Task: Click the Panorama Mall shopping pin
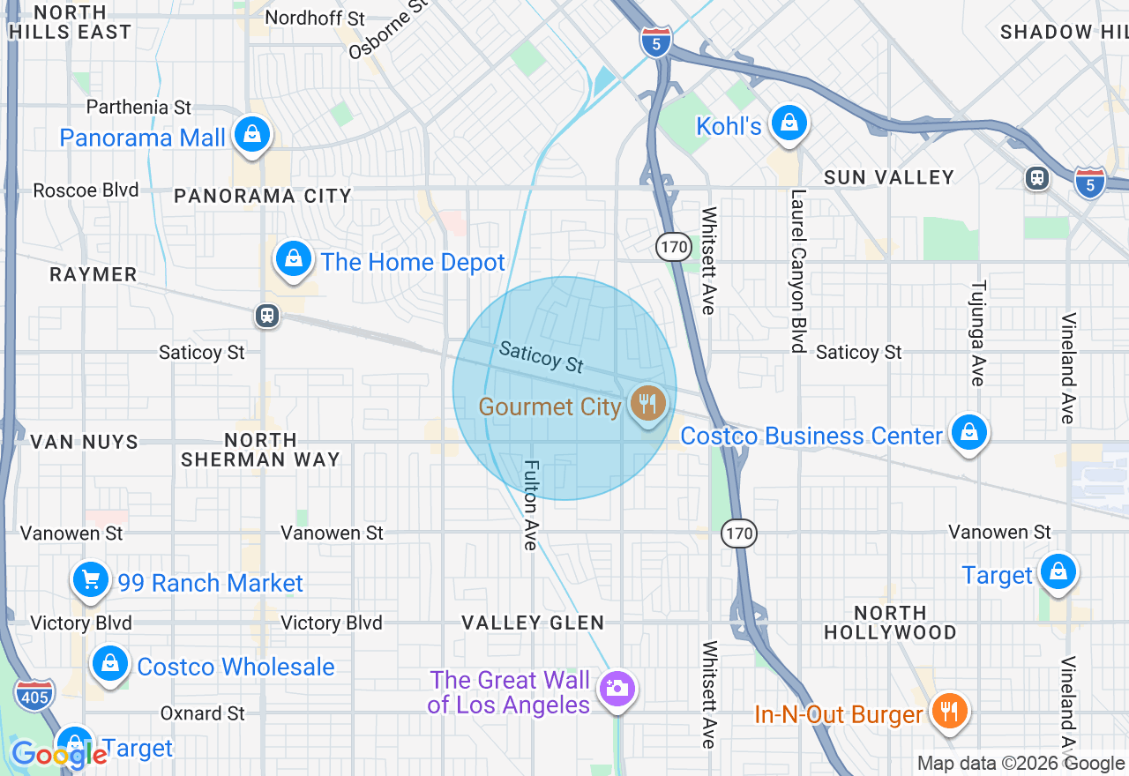(252, 135)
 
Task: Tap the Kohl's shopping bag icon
(789, 123)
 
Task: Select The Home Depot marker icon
(294, 260)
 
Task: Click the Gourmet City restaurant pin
(648, 405)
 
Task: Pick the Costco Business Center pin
(968, 433)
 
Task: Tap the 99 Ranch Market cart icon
(90, 580)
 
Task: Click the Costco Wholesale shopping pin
(110, 664)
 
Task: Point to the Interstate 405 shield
(34, 694)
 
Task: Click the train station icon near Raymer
(267, 316)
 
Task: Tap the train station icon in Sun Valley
(1038, 178)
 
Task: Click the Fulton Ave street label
(530, 504)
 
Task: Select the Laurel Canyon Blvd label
(798, 272)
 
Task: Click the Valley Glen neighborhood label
(533, 623)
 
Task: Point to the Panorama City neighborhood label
(263, 196)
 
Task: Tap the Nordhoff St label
(303, 18)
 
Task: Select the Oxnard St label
(202, 713)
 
